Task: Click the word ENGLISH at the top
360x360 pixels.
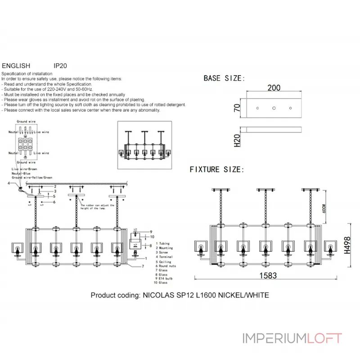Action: coord(16,65)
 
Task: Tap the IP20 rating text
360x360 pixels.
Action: coord(60,65)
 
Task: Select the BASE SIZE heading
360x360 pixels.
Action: coord(224,78)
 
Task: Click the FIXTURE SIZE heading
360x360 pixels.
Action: coord(217,170)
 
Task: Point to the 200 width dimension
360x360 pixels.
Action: coord(274,88)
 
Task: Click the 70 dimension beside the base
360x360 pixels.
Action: coord(237,108)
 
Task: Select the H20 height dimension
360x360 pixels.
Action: coord(237,140)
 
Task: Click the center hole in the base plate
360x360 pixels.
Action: coord(274,108)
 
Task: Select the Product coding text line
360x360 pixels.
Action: coord(180,296)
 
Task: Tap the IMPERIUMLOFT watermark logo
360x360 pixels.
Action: coord(292,338)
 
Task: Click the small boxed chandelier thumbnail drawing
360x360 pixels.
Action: coord(146,145)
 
